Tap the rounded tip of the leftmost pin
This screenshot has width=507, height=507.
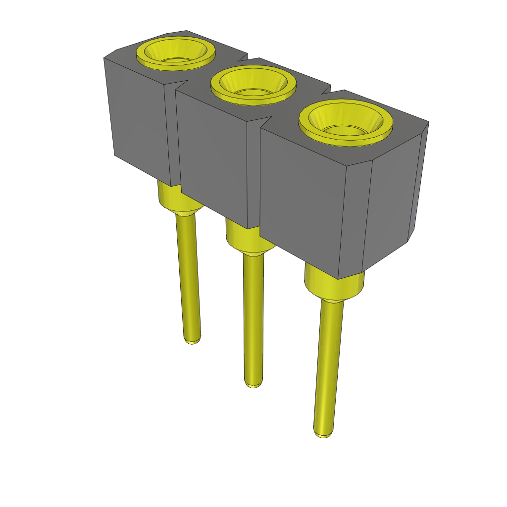[193, 340]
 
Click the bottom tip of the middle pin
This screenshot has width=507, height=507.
[253, 383]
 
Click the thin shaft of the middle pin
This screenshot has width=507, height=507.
[253, 317]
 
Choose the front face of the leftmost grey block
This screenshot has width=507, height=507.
[139, 119]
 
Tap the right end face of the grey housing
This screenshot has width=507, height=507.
[394, 198]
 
